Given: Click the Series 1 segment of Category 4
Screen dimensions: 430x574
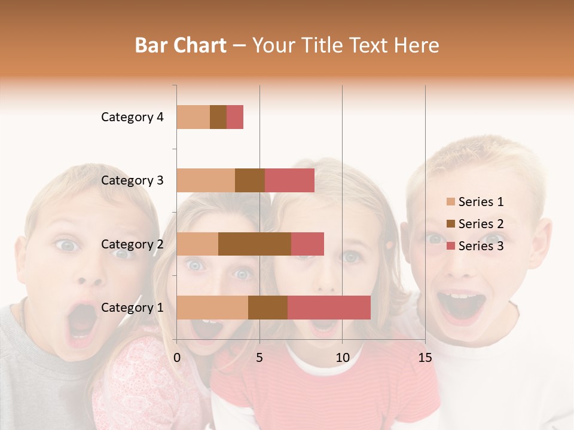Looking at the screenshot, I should (x=193, y=117).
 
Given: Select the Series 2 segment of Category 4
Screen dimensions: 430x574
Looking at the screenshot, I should (x=218, y=117).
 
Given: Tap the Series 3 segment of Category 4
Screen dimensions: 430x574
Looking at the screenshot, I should (x=235, y=117).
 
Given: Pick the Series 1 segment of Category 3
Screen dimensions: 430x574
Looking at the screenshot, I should (x=206, y=180).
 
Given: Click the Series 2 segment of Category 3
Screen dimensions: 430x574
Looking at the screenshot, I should (x=250, y=180).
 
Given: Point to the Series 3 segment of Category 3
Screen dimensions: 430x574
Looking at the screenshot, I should (x=289, y=180).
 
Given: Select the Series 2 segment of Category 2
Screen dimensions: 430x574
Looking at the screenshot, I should (x=255, y=244).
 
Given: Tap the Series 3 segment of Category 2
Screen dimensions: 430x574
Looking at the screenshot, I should (x=307, y=244).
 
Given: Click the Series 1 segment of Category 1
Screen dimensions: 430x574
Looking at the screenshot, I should (x=212, y=308).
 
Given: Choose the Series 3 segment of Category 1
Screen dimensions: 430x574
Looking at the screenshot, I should (x=329, y=308).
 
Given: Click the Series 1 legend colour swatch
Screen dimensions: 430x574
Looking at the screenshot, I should (x=450, y=202).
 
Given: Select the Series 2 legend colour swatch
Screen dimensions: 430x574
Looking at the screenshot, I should (x=450, y=224).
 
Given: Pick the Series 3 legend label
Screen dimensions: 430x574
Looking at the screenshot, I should (x=481, y=246).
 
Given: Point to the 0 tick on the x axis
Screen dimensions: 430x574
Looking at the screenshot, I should (x=177, y=358).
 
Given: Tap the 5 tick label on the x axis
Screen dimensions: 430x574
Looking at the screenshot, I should (x=259, y=358).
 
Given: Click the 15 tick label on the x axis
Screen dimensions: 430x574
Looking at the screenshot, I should (x=425, y=358).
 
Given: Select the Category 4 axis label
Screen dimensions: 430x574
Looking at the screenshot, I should (x=132, y=117).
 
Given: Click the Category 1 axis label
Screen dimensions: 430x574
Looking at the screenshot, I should (x=132, y=308).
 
